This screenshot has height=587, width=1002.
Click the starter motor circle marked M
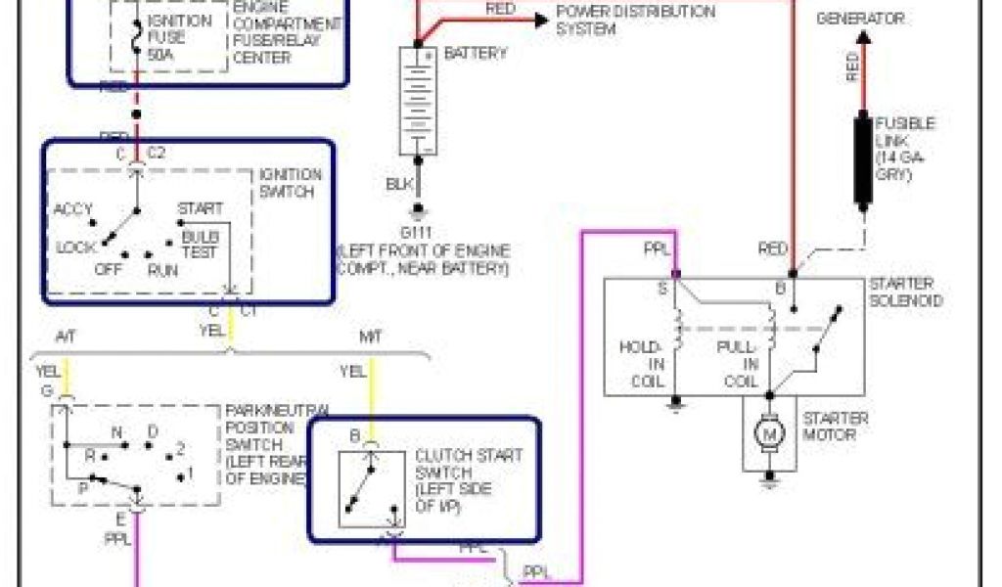click(x=769, y=433)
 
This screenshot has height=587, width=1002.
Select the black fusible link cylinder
click(x=863, y=161)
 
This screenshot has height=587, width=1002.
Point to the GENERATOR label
click(x=861, y=19)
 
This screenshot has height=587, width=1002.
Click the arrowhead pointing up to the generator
click(x=862, y=37)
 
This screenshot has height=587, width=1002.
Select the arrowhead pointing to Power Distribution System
click(x=540, y=19)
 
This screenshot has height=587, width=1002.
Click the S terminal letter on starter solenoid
click(x=663, y=289)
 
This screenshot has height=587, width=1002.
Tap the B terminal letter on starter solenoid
click(x=780, y=289)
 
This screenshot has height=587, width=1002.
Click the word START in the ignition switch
click(x=200, y=208)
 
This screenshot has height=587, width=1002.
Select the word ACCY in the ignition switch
click(x=72, y=209)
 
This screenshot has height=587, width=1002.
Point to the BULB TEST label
click(x=200, y=245)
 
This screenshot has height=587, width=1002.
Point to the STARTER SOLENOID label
click(x=906, y=292)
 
